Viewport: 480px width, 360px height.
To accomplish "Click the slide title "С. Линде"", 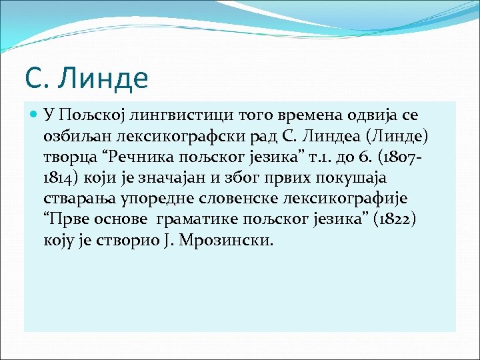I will click(x=86, y=77).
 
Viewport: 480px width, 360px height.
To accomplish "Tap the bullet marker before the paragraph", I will click(x=35, y=115).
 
